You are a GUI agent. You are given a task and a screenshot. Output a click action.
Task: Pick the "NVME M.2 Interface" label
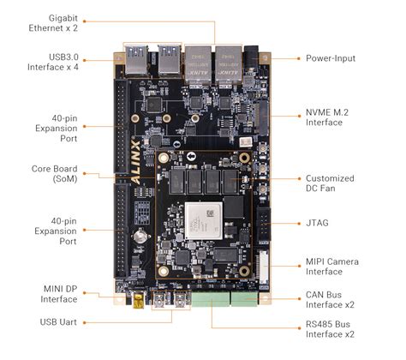tap(336, 117)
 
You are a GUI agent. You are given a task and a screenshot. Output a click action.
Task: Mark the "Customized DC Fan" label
tap(336, 184)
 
